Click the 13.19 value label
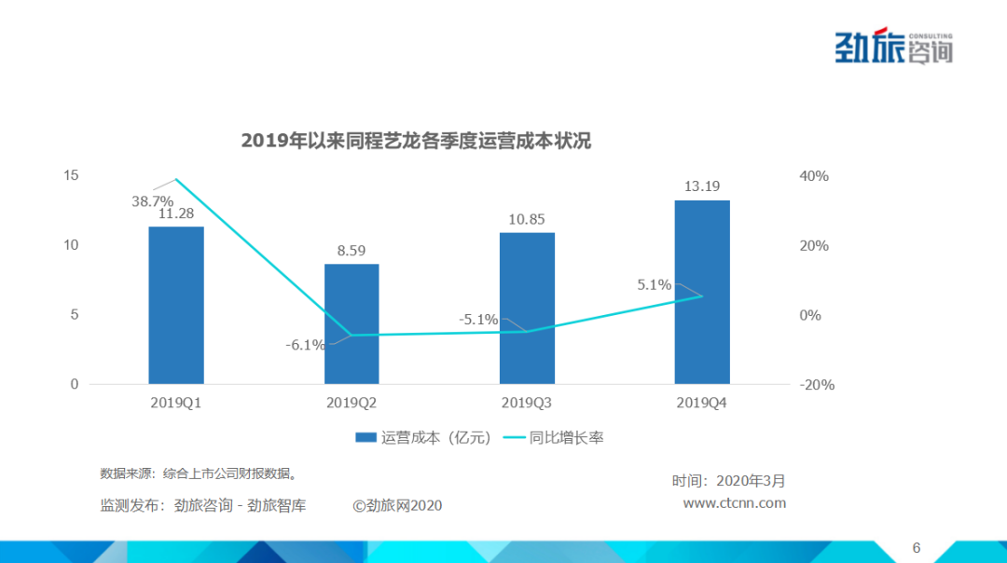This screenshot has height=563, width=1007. [701, 185]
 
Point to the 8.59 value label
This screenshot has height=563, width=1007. [352, 250]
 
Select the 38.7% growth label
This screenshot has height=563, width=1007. [152, 200]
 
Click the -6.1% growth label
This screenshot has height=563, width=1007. [305, 345]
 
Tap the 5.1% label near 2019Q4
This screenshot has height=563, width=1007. [654, 285]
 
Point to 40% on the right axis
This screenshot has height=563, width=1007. [813, 176]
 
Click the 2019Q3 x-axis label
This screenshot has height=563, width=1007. [527, 404]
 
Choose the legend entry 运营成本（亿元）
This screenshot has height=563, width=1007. [424, 437]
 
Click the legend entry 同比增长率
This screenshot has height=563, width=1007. [555, 437]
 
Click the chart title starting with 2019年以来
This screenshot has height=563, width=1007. [416, 141]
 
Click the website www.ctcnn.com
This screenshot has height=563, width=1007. [735, 503]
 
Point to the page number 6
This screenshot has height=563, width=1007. [916, 547]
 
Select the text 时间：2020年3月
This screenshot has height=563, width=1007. [728, 481]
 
